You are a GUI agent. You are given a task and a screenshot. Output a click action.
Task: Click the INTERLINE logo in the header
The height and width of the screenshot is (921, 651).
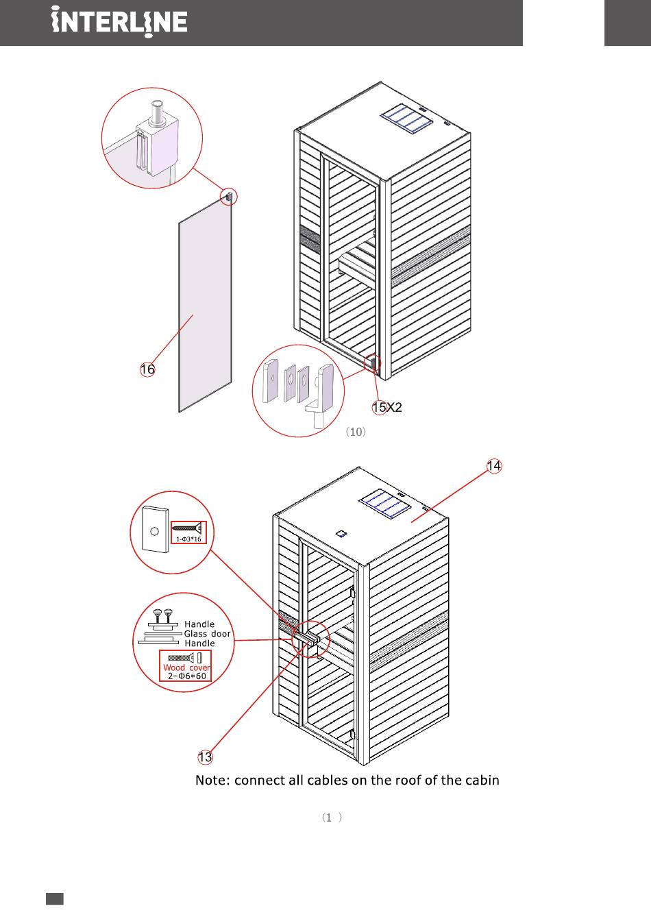pos(119,23)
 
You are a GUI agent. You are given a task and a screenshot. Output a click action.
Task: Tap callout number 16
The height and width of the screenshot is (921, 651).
pos(147,369)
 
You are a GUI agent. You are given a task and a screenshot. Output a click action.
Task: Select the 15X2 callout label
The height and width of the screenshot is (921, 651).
pos(386,408)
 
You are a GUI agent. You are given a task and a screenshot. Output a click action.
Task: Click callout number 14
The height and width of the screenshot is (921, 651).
pos(494,466)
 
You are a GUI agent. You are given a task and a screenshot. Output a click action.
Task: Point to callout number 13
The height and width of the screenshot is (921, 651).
pos(205,757)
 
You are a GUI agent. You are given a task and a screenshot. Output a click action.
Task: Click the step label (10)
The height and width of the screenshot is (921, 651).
pos(356,432)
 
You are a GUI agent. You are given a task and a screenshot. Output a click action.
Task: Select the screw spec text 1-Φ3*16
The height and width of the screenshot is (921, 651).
pos(188,539)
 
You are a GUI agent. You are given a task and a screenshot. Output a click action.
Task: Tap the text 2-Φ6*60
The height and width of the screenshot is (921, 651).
pos(187,676)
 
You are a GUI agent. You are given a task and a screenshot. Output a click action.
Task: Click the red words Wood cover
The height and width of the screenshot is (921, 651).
pos(186,667)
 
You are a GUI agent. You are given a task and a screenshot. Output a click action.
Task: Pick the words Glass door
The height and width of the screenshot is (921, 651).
pos(207,634)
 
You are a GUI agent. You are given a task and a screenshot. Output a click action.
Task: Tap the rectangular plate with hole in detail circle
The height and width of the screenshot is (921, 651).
pos(155,529)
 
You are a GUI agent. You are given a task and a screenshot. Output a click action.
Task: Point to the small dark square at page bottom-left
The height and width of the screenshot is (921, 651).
pos(55,899)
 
